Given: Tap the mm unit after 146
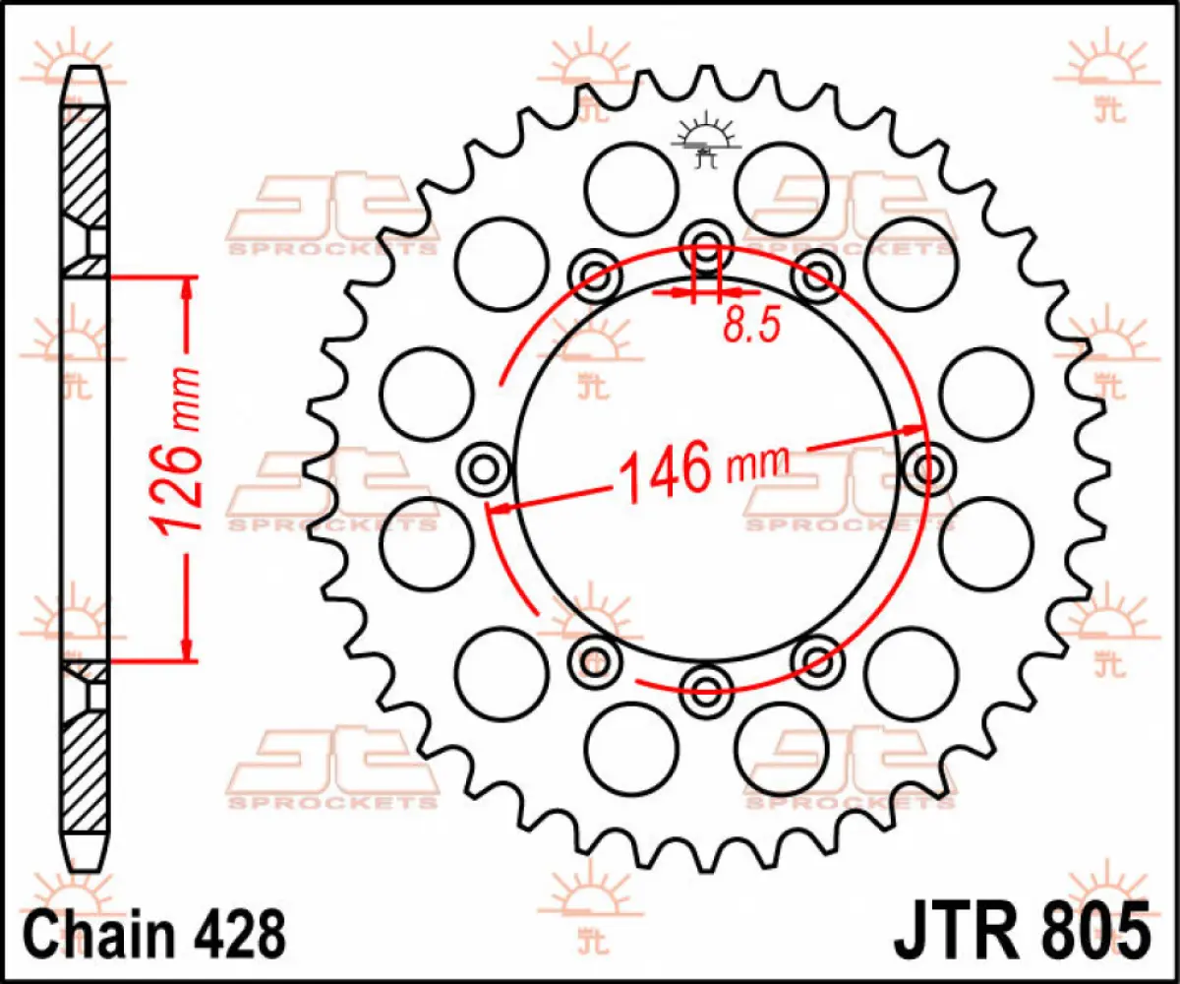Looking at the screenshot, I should (x=757, y=462).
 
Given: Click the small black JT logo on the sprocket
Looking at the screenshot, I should (x=704, y=143).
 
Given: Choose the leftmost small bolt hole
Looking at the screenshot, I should (x=484, y=469).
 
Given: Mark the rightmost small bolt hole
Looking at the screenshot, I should (x=927, y=469).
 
